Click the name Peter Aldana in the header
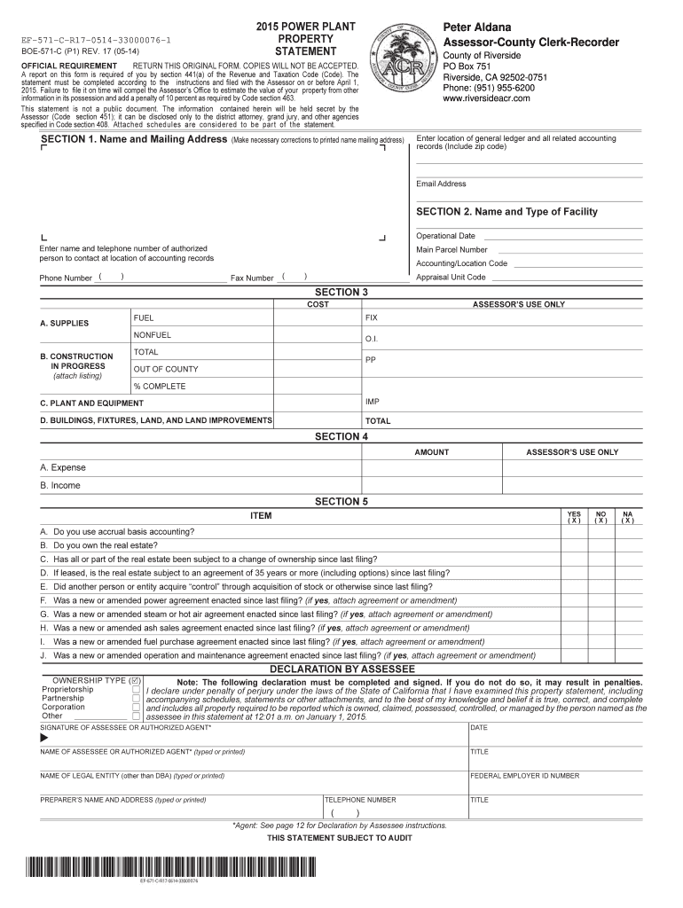coord(476,27)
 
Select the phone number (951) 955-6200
coord(489,88)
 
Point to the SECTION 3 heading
coord(341,293)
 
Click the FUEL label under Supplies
coord(144,317)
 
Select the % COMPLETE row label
coord(160,386)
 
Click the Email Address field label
coord(441,184)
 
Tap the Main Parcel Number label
coord(451,249)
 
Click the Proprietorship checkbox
coord(137,689)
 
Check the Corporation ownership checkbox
coord(137,707)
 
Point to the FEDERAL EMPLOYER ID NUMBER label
coord(524,776)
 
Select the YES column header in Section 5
coord(574,516)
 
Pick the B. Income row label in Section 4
coord(60,485)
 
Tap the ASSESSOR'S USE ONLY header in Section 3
coord(518,304)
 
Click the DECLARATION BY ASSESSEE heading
coord(341,668)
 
